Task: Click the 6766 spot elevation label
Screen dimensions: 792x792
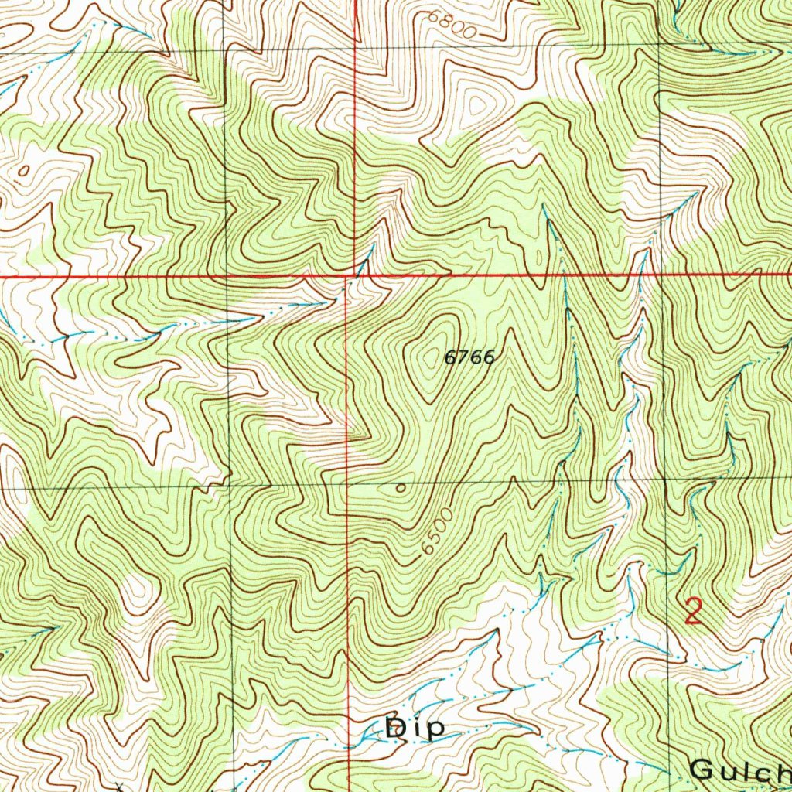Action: (469, 357)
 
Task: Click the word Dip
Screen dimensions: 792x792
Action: (415, 728)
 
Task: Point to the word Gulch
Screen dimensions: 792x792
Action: (739, 770)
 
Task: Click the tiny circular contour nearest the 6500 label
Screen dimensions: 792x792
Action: (400, 488)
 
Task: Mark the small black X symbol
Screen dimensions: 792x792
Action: (118, 787)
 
